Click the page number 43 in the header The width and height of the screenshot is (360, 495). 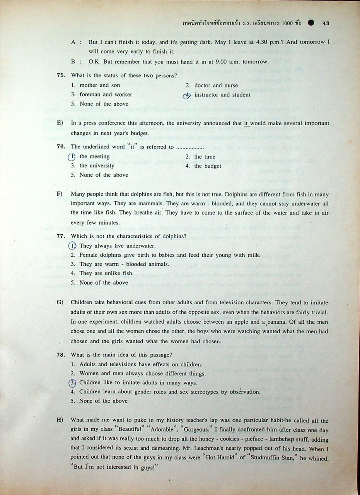(326, 23)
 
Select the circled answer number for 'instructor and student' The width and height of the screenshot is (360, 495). (187, 95)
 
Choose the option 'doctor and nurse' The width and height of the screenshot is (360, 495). (216, 85)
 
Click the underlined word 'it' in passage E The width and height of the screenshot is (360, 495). (246, 124)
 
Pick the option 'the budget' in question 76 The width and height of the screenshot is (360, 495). (207, 166)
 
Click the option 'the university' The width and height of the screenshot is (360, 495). (97, 166)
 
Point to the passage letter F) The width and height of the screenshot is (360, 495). (60, 194)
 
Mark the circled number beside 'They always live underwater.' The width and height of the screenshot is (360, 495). (72, 246)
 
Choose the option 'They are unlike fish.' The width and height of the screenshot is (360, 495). (106, 273)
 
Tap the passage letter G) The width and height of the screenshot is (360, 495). (60, 302)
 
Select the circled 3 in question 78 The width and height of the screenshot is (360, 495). (72, 383)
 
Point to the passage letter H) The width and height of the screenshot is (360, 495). (60, 420)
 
